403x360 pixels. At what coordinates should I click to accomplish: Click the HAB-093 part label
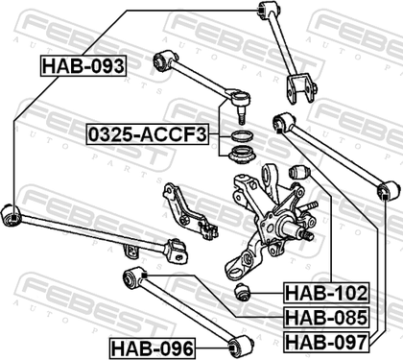(83, 66)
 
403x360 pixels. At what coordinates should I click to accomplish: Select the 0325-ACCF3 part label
(148, 134)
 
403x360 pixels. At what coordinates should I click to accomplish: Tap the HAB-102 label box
(326, 293)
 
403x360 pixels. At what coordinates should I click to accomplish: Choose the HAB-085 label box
(326, 317)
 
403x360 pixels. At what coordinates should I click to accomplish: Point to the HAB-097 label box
(326, 342)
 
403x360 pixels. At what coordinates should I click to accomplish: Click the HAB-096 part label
(153, 348)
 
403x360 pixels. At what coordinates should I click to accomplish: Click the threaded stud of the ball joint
(242, 117)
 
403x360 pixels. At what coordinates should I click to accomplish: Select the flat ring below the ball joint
(242, 135)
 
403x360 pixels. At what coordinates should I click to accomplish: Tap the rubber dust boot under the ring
(242, 156)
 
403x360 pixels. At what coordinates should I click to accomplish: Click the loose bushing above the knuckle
(299, 172)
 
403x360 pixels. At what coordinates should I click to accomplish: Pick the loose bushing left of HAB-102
(243, 292)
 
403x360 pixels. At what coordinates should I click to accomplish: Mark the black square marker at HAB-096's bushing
(232, 348)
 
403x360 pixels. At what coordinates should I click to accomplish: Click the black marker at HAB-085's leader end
(144, 276)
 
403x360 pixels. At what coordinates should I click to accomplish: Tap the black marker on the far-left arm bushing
(13, 218)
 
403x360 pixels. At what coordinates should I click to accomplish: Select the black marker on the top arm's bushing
(261, 11)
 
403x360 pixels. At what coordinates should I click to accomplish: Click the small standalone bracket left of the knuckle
(189, 211)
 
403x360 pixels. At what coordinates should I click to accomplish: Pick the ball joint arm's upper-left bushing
(163, 60)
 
